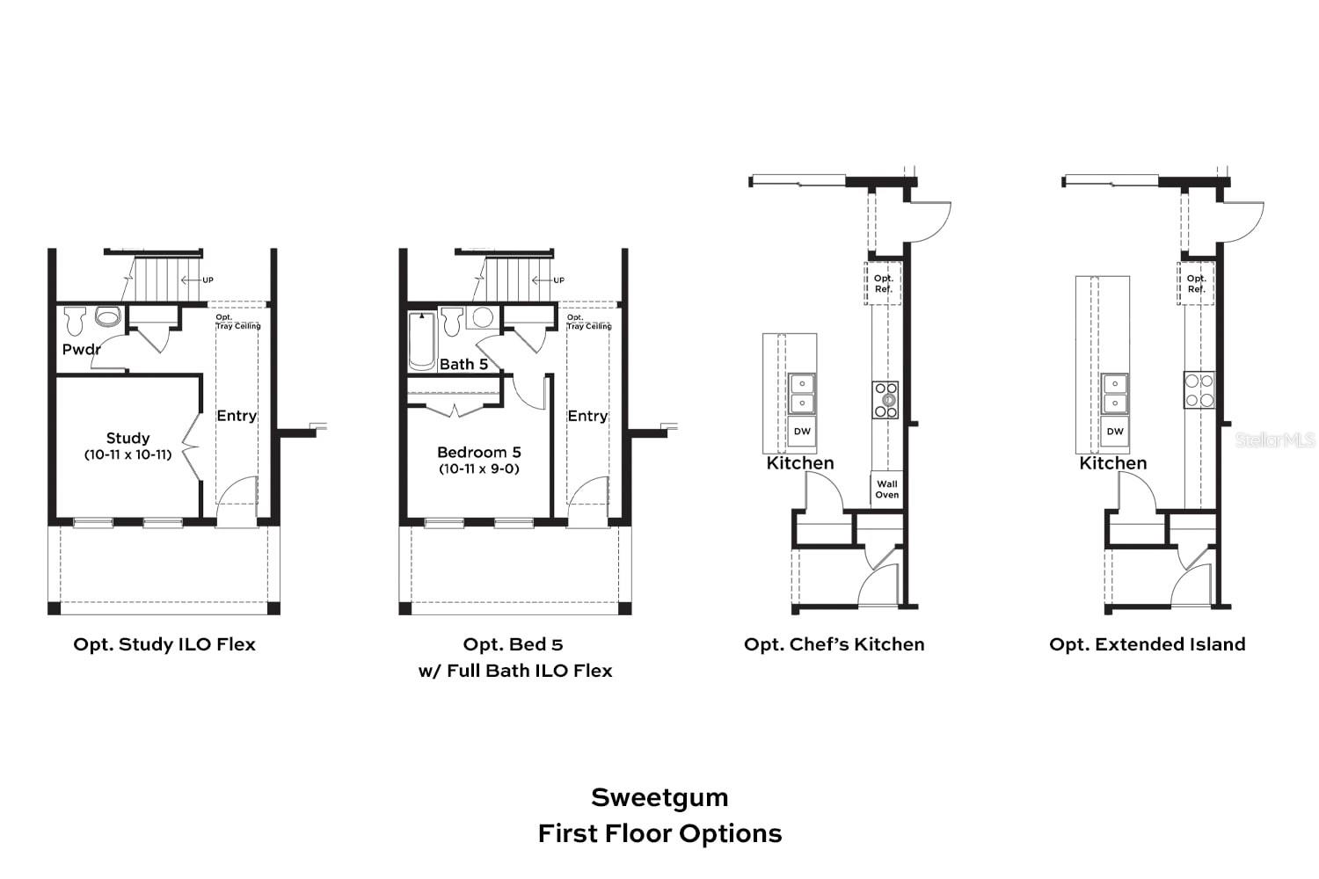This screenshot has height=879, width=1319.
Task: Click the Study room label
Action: (x=128, y=438)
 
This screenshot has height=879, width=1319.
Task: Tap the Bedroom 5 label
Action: (x=479, y=452)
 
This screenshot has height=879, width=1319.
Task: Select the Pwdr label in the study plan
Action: (x=81, y=349)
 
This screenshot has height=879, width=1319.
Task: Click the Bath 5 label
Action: (x=463, y=364)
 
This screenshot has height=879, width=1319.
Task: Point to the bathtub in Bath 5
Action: (x=422, y=342)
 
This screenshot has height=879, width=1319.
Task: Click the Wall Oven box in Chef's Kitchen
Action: (x=886, y=490)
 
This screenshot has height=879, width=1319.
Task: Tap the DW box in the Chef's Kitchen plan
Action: (x=802, y=432)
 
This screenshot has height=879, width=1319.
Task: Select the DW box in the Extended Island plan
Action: (x=1115, y=432)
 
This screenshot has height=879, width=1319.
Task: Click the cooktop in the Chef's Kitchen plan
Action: (x=886, y=399)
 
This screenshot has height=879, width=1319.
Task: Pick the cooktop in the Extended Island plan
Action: (x=1199, y=390)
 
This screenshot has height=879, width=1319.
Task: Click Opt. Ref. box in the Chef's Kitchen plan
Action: (x=883, y=284)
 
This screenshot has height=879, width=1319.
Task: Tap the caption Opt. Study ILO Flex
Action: (x=164, y=644)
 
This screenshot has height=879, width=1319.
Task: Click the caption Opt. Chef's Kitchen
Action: (x=834, y=644)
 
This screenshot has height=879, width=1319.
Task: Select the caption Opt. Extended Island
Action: (x=1147, y=644)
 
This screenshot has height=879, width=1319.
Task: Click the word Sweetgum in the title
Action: (x=659, y=797)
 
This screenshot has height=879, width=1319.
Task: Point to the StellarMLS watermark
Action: (x=1274, y=439)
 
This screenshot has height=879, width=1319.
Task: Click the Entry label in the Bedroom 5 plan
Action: (x=587, y=416)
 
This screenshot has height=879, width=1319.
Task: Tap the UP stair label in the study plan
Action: (x=208, y=280)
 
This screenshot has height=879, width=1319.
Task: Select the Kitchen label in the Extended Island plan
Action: (x=1113, y=463)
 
